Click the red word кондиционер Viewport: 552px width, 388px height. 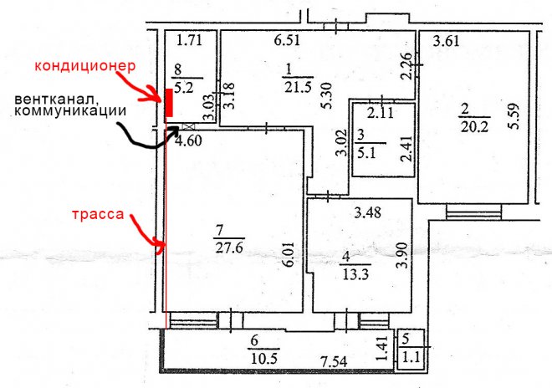click(x=84, y=66)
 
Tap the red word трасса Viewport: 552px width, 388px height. click(x=98, y=214)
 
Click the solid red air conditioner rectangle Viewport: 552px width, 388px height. click(x=169, y=103)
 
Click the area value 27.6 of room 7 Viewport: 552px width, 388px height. click(x=229, y=248)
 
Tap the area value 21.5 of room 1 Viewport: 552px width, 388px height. click(x=299, y=87)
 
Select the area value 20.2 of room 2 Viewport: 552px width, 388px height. click(x=474, y=126)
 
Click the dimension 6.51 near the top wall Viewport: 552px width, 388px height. click(x=287, y=40)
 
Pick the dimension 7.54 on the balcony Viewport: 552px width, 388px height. click(x=334, y=361)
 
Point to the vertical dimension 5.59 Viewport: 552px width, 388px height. click(x=514, y=116)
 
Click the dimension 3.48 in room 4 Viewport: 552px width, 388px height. click(x=367, y=212)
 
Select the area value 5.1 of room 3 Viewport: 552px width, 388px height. click(x=367, y=154)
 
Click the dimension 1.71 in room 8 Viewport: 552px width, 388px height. click(x=189, y=40)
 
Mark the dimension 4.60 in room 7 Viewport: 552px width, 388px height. click(x=189, y=140)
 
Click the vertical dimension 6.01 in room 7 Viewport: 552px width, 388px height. click(x=289, y=254)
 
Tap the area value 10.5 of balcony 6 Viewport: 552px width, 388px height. click(x=264, y=359)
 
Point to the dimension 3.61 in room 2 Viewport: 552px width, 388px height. click(x=446, y=41)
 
